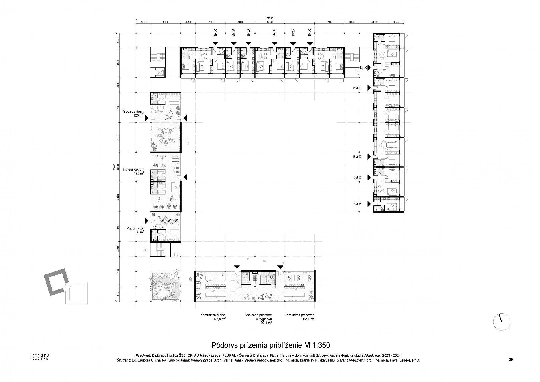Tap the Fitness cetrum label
coord(133,170)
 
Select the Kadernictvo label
coord(135,228)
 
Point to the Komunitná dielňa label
coord(213,315)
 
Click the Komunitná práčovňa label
coord(299,315)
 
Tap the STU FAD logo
coord(40,357)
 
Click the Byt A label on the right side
coord(357,204)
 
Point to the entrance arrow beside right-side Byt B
coord(368,177)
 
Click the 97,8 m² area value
coord(220,319)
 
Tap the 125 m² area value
coord(138,115)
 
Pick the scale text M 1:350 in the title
coord(315,345)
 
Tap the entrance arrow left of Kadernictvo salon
coord(146,220)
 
